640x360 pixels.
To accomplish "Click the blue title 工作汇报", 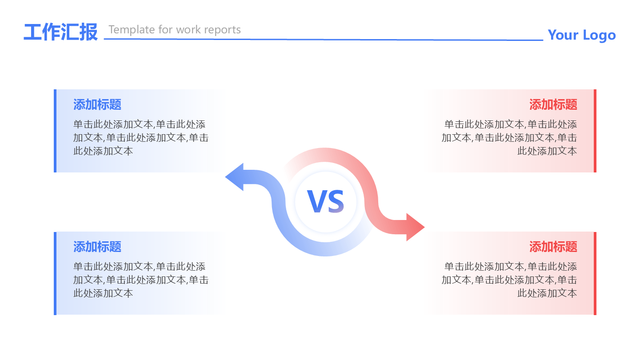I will (x=60, y=32).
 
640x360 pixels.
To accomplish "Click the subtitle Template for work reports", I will (x=175, y=30).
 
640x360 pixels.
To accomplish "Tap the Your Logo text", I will (x=581, y=35).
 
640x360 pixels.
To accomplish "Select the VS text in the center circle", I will (x=326, y=202).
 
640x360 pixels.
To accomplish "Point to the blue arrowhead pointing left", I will (x=235, y=177).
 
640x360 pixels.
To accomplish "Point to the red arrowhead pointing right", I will (x=415, y=227).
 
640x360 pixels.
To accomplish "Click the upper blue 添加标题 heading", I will (x=97, y=105).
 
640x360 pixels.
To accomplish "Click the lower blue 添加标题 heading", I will (x=97, y=247).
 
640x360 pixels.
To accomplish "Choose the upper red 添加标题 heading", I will (x=553, y=105).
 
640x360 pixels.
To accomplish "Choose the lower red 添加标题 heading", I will (x=553, y=247).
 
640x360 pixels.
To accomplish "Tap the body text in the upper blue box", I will (x=140, y=138).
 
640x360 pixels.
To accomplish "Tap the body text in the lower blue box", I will (x=140, y=280).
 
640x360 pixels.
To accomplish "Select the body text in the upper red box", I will (x=510, y=138).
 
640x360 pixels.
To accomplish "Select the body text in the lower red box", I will (x=510, y=280).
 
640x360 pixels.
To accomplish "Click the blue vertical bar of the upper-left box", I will (x=55, y=131).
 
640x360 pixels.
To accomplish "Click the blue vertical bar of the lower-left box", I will (x=55, y=273).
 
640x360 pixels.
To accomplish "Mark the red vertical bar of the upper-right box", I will (x=595, y=131).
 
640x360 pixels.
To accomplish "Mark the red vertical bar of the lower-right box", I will (x=595, y=273).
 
